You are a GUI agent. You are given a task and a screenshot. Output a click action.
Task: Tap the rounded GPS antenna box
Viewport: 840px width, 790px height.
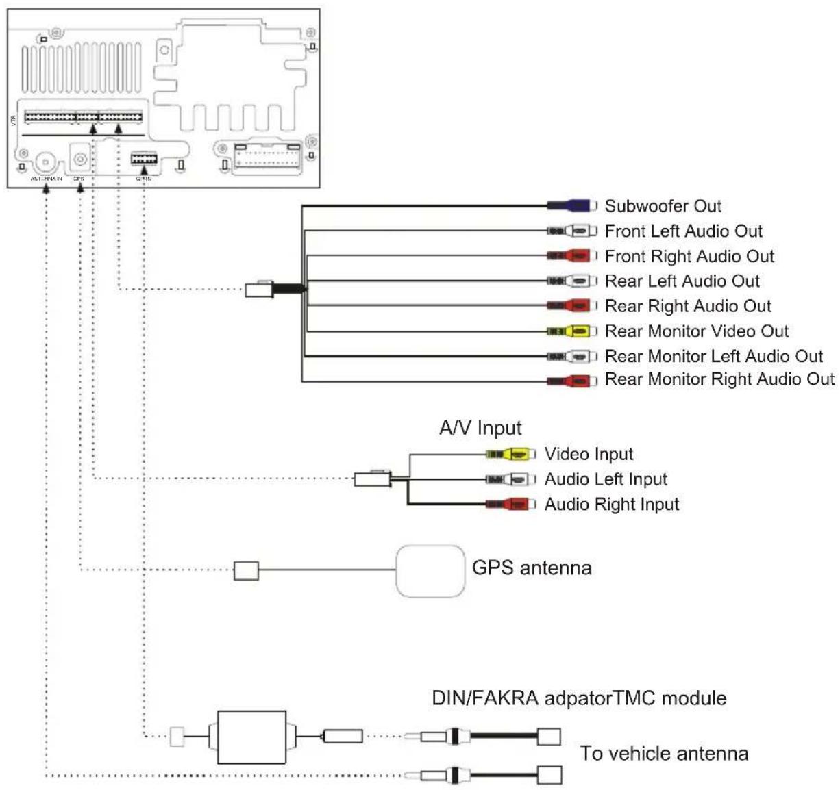click(430, 571)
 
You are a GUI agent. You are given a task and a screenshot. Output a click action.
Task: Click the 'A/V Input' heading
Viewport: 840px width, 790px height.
click(480, 429)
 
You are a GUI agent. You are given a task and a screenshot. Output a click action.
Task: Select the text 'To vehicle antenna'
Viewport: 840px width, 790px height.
click(664, 754)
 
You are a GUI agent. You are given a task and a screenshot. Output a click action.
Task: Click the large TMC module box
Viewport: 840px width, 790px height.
click(251, 737)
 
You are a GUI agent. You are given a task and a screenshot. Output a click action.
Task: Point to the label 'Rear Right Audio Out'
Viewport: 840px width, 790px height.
click(687, 306)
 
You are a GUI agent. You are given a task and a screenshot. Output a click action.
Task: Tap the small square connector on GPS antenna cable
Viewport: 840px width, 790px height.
click(246, 570)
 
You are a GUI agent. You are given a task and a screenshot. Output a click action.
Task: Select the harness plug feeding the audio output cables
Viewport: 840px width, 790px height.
click(260, 290)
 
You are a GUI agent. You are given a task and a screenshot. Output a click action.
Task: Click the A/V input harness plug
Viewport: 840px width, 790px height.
click(372, 479)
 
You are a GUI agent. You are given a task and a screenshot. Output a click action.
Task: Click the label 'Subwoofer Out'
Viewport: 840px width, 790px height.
click(663, 206)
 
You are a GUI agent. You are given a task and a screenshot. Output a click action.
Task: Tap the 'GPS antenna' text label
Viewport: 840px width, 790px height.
click(532, 568)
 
